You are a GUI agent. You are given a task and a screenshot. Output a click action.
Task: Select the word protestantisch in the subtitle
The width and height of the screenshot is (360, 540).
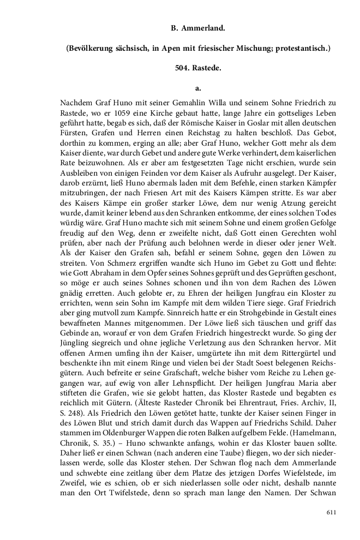point(299,48)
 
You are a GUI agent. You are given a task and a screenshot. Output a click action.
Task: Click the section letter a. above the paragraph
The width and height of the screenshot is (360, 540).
point(198,87)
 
